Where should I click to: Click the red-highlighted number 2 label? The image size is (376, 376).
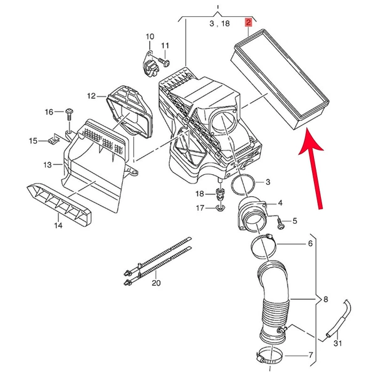coord(248,23)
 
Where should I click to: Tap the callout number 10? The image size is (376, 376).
coord(150,37)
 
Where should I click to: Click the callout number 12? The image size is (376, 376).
coord(91,96)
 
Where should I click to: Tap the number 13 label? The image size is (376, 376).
coord(48,165)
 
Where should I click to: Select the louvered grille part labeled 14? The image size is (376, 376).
coord(59,205)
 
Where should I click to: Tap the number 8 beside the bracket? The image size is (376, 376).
coord(325,300)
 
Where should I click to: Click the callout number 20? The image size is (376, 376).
coord(156,283)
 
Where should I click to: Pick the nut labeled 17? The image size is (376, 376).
coord(221,208)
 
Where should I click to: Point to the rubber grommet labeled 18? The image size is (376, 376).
coord(219,195)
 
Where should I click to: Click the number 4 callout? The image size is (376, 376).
coord(280,203)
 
